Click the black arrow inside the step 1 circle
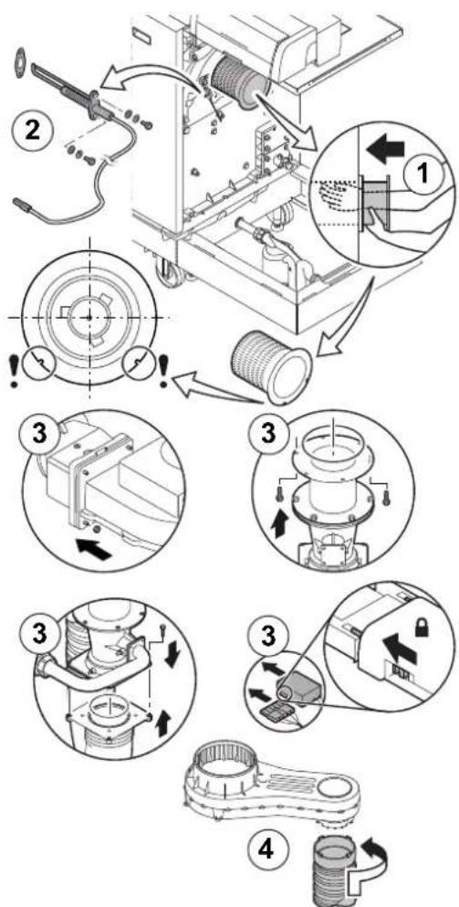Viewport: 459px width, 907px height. (x=386, y=149)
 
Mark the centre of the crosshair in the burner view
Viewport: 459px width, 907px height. (x=89, y=317)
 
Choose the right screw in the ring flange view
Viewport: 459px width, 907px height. (x=386, y=494)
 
